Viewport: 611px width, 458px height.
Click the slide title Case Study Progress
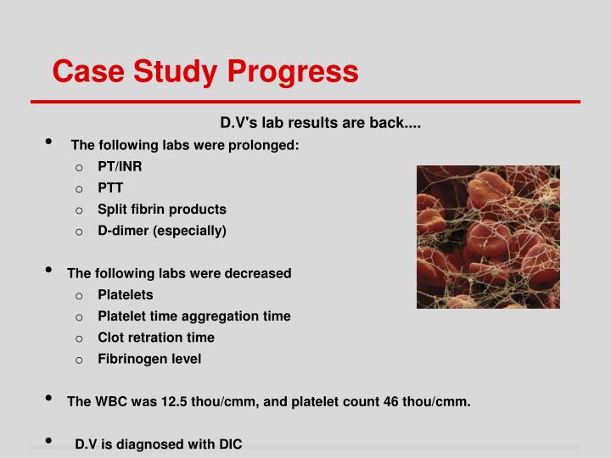click(205, 71)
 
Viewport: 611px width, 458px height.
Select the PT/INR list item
click(120, 166)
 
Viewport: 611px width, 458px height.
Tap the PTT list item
click(110, 187)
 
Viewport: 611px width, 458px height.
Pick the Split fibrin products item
click(161, 209)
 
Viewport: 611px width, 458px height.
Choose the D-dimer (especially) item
click(161, 230)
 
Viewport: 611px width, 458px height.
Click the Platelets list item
click(126, 294)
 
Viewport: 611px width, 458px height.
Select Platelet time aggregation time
click(193, 316)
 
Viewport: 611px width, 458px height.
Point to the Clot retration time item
click(156, 337)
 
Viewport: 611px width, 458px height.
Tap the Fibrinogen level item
click(149, 359)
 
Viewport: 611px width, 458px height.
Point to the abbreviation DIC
click(229, 444)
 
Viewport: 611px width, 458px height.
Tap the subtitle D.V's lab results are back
click(309, 123)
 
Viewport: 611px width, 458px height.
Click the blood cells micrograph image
click(488, 237)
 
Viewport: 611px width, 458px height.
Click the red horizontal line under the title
click(305, 102)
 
